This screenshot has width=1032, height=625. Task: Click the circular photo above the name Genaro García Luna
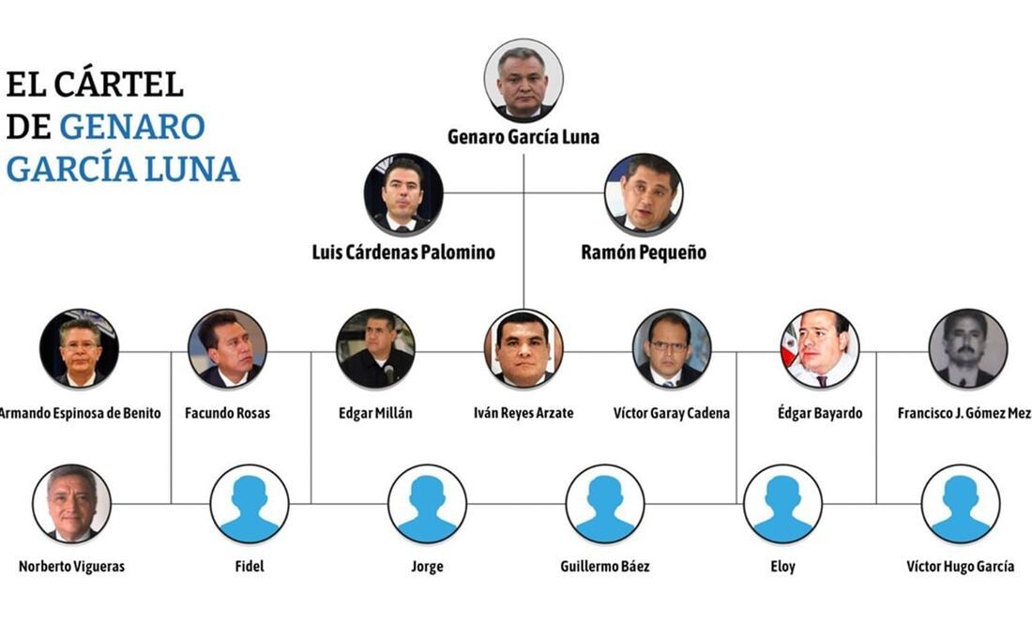524,80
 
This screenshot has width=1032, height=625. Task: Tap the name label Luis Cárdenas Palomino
403,252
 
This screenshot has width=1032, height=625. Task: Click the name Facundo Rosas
228,413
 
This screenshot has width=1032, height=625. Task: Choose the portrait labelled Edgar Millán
375,349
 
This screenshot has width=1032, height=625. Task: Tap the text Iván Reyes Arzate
524,413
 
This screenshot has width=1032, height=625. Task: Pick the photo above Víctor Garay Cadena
672,349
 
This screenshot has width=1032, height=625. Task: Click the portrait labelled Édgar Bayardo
820,349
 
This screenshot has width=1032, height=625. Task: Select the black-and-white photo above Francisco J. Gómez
968,349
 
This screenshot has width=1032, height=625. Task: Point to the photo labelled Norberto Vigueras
71,504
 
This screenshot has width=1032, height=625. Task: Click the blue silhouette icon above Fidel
250,504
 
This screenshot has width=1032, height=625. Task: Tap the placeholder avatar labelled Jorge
427,504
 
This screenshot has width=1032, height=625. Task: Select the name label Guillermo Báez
605,567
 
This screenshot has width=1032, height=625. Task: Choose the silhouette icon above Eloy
783,504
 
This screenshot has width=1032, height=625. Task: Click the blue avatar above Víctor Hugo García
961,504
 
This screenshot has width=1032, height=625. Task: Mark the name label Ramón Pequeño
644,252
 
